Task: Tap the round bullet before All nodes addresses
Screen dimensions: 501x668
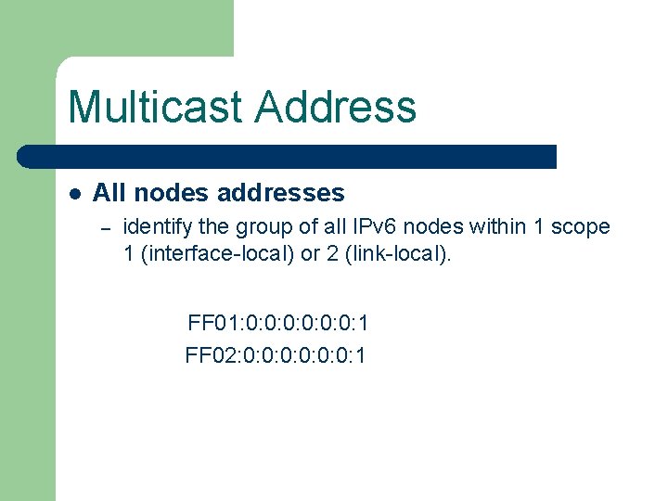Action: tap(75, 194)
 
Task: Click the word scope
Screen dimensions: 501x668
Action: tap(581, 226)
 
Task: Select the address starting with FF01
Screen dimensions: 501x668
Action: tap(278, 323)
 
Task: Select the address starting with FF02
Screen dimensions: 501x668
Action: tap(276, 354)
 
